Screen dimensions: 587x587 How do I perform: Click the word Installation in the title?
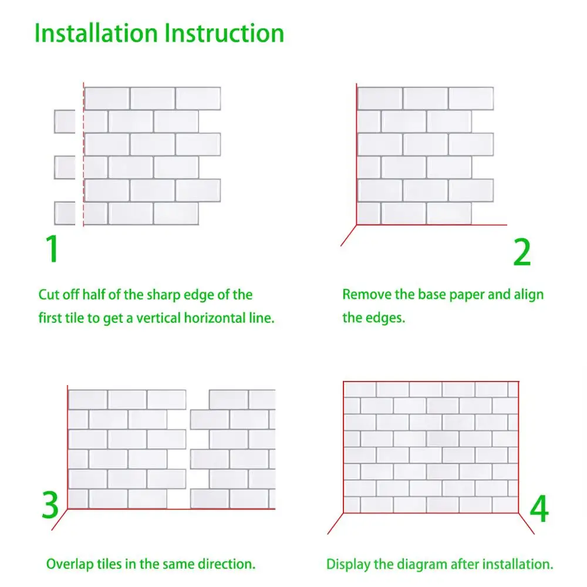coord(96,33)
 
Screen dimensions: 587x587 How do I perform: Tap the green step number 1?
coord(53,249)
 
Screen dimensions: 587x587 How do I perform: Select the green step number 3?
coord(50,505)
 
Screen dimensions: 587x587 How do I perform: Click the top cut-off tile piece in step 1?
coord(65,122)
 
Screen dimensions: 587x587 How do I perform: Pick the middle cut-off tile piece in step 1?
coord(65,167)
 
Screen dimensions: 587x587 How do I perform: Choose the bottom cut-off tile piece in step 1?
coord(65,213)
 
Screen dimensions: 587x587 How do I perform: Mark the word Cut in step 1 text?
coord(48,295)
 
